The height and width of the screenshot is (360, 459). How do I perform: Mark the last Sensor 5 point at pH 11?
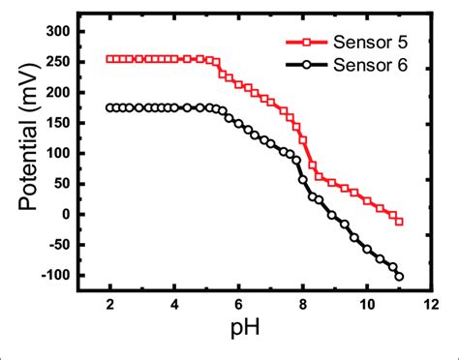pyautogui.click(x=399, y=222)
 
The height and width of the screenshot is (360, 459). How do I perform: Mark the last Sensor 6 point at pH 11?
pyautogui.click(x=399, y=276)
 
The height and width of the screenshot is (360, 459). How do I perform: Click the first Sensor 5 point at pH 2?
pyautogui.click(x=110, y=59)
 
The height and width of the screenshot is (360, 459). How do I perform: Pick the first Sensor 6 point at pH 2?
pyautogui.click(x=110, y=107)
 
